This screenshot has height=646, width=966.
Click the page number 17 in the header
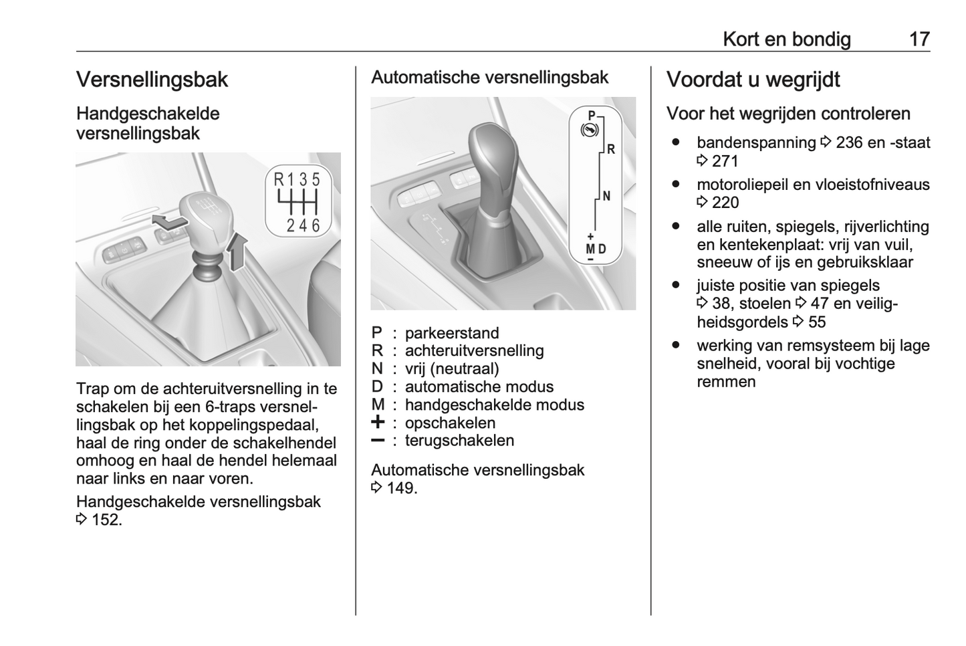click(x=919, y=39)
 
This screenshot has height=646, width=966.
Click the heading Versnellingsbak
click(x=152, y=80)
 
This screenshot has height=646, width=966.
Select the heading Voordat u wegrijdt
click(x=753, y=80)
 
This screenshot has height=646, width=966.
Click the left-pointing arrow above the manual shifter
click(x=167, y=222)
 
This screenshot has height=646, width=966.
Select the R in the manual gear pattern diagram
click(x=279, y=179)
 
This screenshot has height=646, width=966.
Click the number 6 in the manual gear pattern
click(x=316, y=225)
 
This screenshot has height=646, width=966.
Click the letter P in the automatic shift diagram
click(x=591, y=114)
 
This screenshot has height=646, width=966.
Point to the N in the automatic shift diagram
click(x=606, y=196)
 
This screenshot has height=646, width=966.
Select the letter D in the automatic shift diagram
click(x=602, y=249)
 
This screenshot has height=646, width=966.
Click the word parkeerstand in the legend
click(x=452, y=333)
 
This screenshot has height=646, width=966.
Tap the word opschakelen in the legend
click(x=450, y=423)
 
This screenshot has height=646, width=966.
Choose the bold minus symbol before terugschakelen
click(x=378, y=441)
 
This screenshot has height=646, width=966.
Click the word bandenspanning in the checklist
click(x=756, y=142)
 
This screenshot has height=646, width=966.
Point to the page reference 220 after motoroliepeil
click(x=725, y=203)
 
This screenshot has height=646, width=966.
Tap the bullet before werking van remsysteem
click(x=677, y=346)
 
